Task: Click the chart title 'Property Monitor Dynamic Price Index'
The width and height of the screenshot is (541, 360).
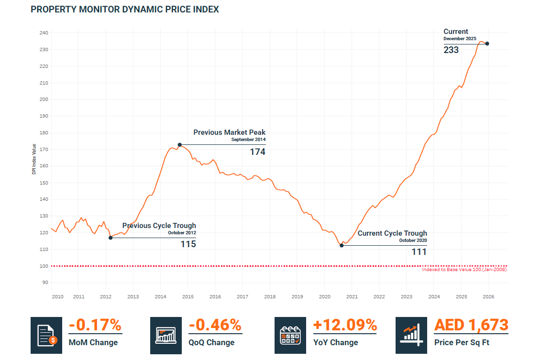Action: click(x=124, y=10)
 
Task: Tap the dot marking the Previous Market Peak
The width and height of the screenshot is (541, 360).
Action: click(x=179, y=144)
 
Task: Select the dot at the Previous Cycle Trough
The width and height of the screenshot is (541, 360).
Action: click(x=110, y=238)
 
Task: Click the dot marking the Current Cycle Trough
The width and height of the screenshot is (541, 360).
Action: click(x=342, y=245)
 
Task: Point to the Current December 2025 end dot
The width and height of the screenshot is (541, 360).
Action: click(x=487, y=44)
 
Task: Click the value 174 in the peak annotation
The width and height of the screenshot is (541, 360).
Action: click(x=257, y=152)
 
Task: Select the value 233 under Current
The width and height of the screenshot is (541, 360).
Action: click(x=451, y=50)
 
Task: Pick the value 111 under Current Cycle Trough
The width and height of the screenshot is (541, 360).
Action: click(x=419, y=251)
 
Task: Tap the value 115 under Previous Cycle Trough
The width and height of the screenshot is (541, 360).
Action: click(x=188, y=244)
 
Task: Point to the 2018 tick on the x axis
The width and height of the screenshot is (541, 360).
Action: click(x=270, y=297)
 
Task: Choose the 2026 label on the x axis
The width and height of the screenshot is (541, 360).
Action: click(x=489, y=297)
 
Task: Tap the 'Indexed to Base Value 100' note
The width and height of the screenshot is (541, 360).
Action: click(x=464, y=270)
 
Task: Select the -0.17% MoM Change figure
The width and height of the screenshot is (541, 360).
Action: click(x=95, y=325)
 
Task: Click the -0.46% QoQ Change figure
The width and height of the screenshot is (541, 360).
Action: click(x=215, y=325)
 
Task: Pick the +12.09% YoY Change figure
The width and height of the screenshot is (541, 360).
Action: click(x=345, y=325)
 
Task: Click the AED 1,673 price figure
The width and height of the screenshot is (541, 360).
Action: click(x=471, y=325)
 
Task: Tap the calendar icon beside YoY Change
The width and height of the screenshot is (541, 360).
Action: click(x=290, y=335)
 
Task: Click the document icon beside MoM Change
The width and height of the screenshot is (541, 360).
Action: click(x=46, y=335)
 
